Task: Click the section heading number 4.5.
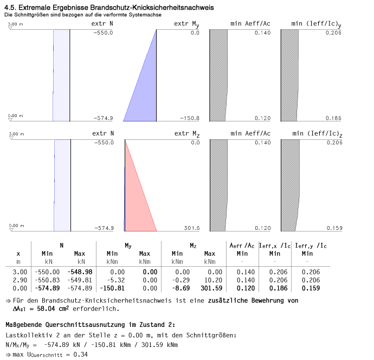coord(9,8)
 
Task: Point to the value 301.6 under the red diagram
coord(191,228)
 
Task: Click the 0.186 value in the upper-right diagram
coord(334,118)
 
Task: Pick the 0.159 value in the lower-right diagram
coord(334,228)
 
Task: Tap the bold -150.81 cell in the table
coord(112,288)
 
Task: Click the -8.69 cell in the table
coord(176,288)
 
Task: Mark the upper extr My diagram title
coord(186,24)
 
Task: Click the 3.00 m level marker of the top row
coord(16,24)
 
